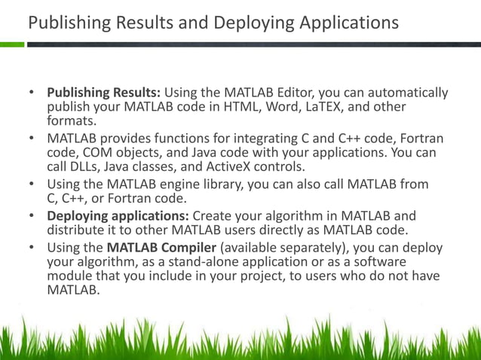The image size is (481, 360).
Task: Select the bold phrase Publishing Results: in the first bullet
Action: (x=104, y=93)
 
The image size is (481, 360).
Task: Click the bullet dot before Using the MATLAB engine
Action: (x=32, y=184)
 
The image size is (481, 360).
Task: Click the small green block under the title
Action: (x=12, y=44)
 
